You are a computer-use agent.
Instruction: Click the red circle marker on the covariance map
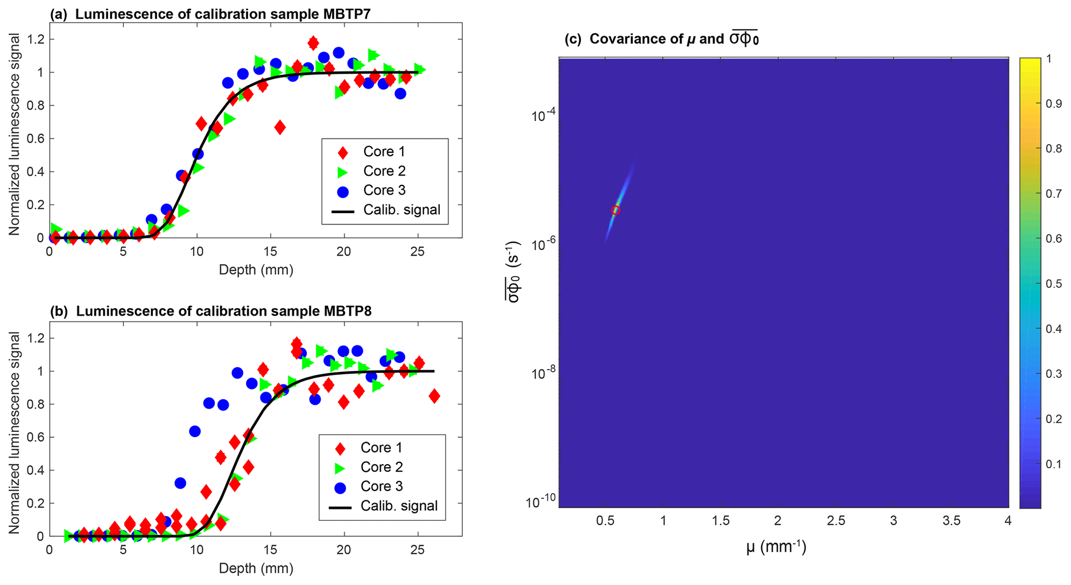[x=616, y=210]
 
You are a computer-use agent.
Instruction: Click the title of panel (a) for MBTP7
[x=210, y=14]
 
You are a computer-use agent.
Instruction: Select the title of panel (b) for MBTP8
[x=210, y=311]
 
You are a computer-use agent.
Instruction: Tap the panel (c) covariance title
[x=661, y=39]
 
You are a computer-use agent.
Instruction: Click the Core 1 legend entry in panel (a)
[x=383, y=151]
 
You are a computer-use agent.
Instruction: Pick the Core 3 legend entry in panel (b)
[x=381, y=486]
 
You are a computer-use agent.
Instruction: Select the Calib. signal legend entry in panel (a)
[x=401, y=210]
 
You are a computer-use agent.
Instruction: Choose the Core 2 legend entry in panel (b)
[x=381, y=467]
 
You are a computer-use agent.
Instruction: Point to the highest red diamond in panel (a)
[x=313, y=43]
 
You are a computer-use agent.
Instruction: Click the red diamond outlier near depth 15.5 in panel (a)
[x=280, y=127]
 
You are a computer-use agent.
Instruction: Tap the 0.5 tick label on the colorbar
[x=1053, y=284]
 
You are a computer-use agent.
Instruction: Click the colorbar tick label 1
[x=1049, y=59]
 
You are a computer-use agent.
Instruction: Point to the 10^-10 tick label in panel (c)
[x=539, y=502]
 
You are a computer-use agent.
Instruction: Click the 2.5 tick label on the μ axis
[x=836, y=521]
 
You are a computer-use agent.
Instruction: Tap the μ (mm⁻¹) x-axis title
[x=776, y=547]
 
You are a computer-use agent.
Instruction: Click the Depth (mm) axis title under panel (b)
[x=256, y=568]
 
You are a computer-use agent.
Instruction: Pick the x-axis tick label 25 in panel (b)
[x=417, y=550]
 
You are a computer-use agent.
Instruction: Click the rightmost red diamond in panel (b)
[x=434, y=396]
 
